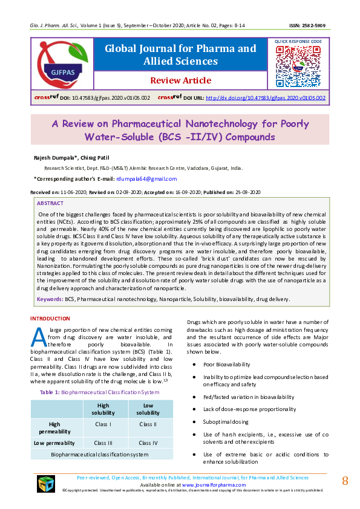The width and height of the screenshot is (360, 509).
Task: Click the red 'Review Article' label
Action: tap(180, 80)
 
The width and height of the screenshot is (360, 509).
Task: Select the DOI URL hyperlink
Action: tap(266, 97)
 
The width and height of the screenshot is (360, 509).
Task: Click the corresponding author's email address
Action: tap(146, 179)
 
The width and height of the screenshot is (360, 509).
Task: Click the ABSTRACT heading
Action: tap(50, 204)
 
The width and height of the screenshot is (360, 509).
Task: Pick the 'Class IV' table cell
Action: tap(148, 443)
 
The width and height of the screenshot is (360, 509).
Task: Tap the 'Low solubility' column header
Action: tap(148, 409)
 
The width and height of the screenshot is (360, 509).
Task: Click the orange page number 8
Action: tap(345, 481)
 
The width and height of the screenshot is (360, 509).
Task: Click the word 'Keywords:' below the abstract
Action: tap(50, 299)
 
